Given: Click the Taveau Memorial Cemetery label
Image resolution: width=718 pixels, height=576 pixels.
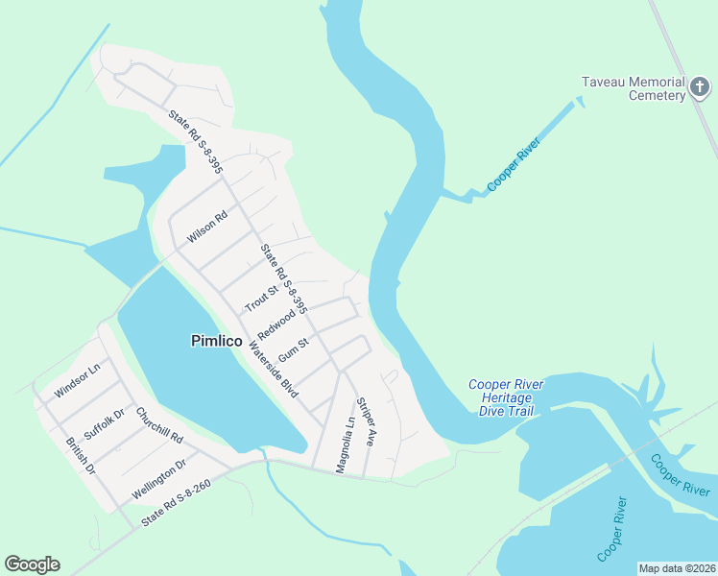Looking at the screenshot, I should click(633, 88).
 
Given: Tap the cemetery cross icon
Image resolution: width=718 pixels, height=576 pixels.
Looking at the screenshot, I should click(701, 89).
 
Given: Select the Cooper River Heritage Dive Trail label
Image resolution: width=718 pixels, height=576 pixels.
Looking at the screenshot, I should click(506, 397).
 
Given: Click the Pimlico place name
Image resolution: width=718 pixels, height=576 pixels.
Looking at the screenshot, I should click(216, 341).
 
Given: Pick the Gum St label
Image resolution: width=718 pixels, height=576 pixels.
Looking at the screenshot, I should click(294, 344).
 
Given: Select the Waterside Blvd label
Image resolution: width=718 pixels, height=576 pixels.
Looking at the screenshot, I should click(274, 370).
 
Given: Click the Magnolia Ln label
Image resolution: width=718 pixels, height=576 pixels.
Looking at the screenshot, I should click(345, 444).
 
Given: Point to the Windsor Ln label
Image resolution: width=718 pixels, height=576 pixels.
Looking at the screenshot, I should click(78, 380).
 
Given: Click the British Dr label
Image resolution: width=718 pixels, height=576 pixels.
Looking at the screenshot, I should click(81, 456).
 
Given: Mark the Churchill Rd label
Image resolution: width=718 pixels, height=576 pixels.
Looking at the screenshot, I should click(159, 425).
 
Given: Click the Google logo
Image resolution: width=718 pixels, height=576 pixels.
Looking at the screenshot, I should click(32, 564).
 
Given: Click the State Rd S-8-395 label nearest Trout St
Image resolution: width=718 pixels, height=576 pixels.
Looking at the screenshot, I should click(283, 279).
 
